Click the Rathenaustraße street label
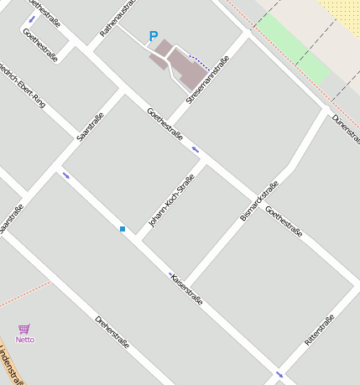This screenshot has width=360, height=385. coord(117,18)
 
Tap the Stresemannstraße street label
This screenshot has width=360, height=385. coord(208,79)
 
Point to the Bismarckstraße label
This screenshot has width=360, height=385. coord(258,200)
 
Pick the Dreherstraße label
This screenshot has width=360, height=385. coord(112,331)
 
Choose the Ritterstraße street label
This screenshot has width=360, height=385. coord(320,330)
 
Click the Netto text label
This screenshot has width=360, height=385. coord(25,340)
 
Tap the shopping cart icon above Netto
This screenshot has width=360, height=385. coord(24,329)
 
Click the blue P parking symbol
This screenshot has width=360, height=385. coord(153,36)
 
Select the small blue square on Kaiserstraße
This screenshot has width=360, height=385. coord(123,228)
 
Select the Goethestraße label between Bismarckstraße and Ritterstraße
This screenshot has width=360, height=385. coord(284,221)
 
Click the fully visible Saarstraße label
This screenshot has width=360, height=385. coord(88,126)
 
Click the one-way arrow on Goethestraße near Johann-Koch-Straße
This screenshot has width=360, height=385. coord(196,149)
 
